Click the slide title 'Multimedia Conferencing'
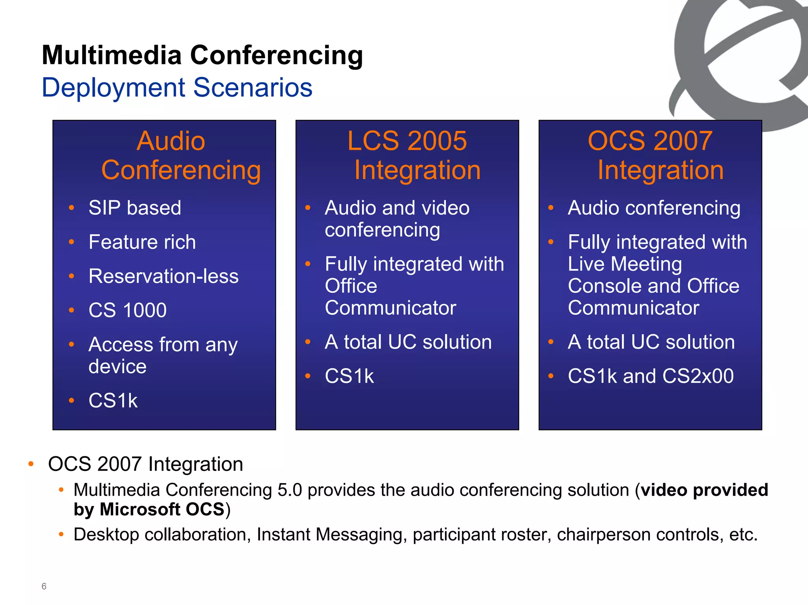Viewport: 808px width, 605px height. [x=202, y=55]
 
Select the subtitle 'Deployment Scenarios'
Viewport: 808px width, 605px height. [x=177, y=87]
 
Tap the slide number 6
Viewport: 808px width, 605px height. [x=44, y=586]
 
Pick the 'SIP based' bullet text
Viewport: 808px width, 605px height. [x=135, y=208]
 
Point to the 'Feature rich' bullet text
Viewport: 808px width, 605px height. [x=142, y=242]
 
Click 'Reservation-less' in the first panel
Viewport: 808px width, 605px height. [x=163, y=276]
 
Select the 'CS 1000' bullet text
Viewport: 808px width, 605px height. [x=127, y=310]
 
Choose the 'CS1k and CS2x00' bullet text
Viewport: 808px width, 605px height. [x=651, y=376]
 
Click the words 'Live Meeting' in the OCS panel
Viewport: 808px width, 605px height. [x=625, y=264]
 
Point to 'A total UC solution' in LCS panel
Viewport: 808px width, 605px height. [x=408, y=342]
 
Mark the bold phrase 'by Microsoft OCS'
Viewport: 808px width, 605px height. [x=149, y=509]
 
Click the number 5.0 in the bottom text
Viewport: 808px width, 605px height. [x=290, y=490]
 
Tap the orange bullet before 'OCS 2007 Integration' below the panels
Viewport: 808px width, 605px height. [x=31, y=464]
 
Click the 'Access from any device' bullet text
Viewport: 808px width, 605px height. [x=163, y=355]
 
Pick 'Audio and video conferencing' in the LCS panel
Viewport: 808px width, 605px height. [x=397, y=219]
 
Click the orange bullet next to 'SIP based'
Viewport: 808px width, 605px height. [x=71, y=208]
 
